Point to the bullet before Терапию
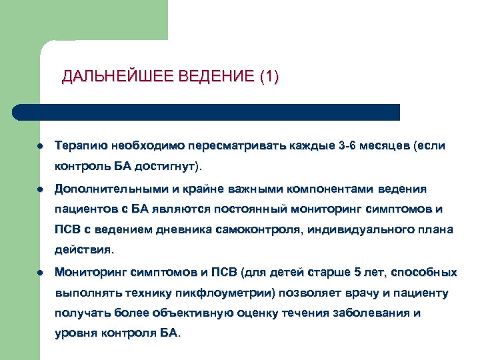click(41, 145)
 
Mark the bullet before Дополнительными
click(41, 188)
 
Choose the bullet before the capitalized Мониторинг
click(41, 273)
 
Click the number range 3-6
click(347, 145)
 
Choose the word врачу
click(358, 293)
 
